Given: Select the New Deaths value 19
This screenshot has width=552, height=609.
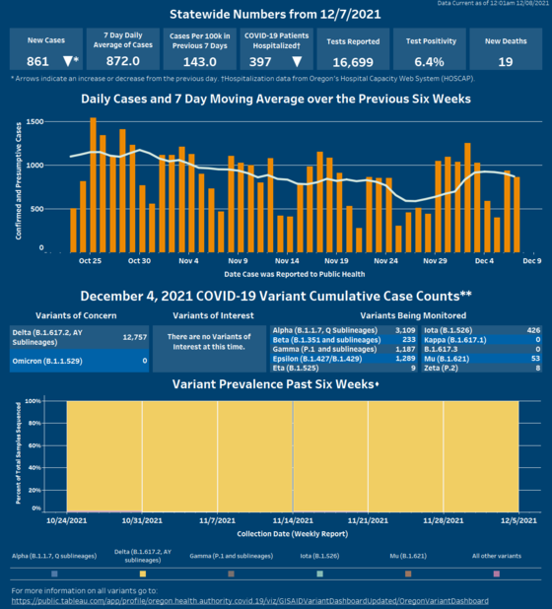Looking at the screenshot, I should [506, 61].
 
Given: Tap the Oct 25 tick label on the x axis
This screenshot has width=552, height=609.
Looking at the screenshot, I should [90, 261].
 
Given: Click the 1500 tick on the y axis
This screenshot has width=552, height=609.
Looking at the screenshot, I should [34, 122].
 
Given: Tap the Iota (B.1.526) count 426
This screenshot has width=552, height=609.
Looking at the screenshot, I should [532, 331].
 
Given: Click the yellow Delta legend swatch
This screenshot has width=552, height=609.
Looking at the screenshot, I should [143, 573].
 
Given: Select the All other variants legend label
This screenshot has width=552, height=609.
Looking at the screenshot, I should [497, 557].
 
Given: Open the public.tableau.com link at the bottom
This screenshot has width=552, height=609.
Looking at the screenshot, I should [249, 600].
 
